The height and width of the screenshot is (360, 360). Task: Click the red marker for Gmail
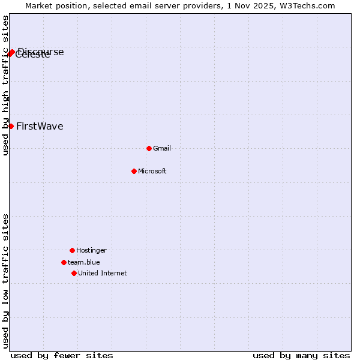(149, 148)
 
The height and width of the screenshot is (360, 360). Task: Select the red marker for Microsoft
(134, 171)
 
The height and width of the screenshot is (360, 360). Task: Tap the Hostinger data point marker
(72, 250)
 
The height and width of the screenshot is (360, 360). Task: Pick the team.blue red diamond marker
(64, 262)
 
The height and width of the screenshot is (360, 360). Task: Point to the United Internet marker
(74, 273)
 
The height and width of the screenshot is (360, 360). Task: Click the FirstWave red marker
(11, 126)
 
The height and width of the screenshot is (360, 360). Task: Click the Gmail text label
(162, 148)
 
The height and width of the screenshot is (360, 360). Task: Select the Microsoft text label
(152, 171)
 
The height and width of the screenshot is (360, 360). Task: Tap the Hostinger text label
(91, 250)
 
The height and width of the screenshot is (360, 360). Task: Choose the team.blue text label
(84, 262)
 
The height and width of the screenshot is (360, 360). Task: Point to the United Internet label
(103, 273)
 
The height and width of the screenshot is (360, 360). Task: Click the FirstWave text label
(40, 126)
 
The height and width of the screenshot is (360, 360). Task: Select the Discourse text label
(41, 52)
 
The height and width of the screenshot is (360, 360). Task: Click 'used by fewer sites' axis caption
(62, 355)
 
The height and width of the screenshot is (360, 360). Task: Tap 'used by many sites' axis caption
(301, 355)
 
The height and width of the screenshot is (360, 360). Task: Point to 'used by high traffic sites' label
(6, 86)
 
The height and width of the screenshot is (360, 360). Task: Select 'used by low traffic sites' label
(6, 281)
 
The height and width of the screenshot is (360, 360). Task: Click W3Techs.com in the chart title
(308, 5)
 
